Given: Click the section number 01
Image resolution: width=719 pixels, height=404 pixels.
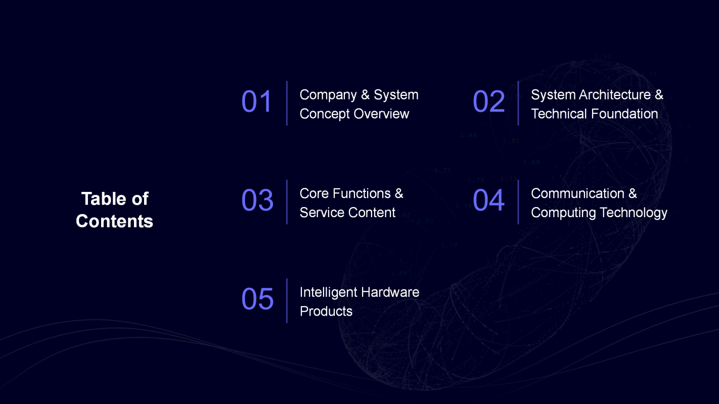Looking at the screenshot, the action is click(x=257, y=102).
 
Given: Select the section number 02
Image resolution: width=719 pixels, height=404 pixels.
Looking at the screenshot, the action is click(x=488, y=102).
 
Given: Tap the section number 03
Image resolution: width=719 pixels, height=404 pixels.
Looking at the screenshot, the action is click(x=257, y=200).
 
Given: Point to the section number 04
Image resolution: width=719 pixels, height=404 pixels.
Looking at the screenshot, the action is click(x=488, y=200).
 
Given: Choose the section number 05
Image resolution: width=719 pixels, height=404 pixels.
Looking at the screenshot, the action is click(x=257, y=299).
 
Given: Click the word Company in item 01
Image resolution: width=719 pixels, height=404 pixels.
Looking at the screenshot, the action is click(x=328, y=95).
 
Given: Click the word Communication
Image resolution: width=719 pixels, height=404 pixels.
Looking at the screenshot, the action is click(x=578, y=193).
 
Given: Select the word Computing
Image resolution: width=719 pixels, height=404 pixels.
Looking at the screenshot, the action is click(x=563, y=213).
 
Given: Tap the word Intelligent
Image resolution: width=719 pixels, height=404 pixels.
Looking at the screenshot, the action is click(x=328, y=293).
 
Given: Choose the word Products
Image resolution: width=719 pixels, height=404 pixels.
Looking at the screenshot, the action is click(x=326, y=312).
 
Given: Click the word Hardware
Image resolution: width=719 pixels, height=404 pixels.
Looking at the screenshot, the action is click(x=390, y=292).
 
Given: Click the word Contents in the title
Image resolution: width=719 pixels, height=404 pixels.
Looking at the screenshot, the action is click(x=115, y=221).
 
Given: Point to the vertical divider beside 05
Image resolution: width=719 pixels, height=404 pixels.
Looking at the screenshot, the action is click(x=287, y=301).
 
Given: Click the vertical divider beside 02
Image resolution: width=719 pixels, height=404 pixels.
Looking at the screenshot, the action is click(x=518, y=103).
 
